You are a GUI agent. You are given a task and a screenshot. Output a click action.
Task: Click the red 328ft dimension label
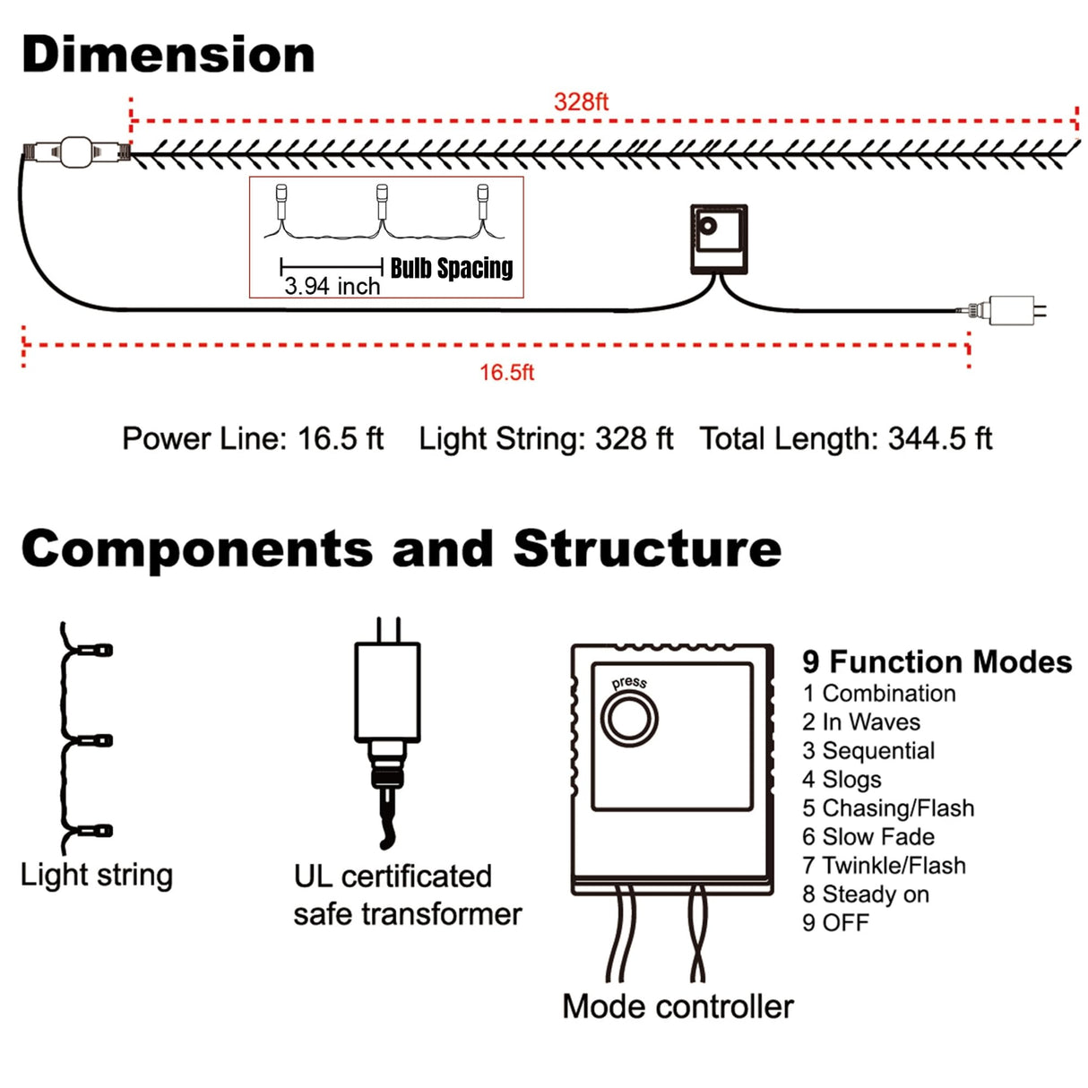[x=581, y=101]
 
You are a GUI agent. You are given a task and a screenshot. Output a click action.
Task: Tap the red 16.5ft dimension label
[x=506, y=372]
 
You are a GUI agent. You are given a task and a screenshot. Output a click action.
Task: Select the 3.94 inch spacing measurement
[x=332, y=286]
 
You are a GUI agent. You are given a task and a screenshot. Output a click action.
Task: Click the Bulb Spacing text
[x=452, y=268]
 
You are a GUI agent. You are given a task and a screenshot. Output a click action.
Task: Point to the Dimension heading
[x=168, y=55]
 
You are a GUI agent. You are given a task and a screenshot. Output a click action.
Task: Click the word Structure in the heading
[x=647, y=548]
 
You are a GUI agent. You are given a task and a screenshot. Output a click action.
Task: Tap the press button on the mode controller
[x=629, y=718]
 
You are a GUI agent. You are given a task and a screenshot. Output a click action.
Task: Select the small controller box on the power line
[x=719, y=238]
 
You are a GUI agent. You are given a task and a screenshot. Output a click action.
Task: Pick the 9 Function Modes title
[x=937, y=661]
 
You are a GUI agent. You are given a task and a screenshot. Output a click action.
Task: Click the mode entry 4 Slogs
[x=842, y=780]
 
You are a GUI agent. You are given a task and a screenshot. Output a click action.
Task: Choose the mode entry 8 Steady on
[x=866, y=894]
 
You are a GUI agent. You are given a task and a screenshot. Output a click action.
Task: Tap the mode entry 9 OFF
[x=835, y=923]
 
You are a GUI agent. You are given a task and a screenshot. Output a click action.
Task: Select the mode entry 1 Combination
[x=879, y=694]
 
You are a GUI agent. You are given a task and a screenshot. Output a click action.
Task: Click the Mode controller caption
[x=678, y=1006]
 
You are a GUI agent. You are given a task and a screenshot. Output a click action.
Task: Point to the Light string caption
[x=97, y=875]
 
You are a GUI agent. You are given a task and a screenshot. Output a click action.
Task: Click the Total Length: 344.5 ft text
[x=846, y=438]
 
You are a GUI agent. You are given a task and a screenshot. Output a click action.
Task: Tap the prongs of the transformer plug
[x=388, y=629]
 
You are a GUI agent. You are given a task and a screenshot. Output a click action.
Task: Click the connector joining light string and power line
[x=76, y=152]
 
